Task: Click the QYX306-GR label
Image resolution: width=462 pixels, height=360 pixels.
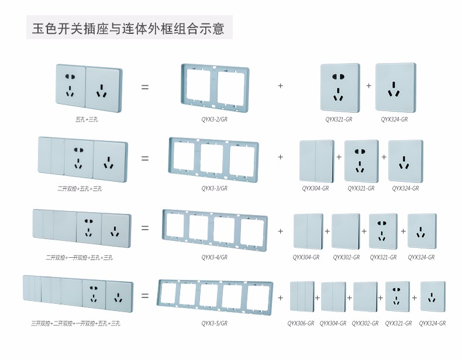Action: pyautogui.click(x=301, y=323)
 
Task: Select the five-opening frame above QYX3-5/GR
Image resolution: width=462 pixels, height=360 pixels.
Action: pyautogui.click(x=215, y=296)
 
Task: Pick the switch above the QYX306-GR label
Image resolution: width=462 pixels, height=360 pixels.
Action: pyautogui.click(x=302, y=296)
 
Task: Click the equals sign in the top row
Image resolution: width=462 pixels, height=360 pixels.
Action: pyautogui.click(x=144, y=88)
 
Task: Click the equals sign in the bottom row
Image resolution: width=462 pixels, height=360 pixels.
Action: pyautogui.click(x=144, y=296)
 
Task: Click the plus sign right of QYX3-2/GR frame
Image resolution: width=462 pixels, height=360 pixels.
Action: pyautogui.click(x=280, y=86)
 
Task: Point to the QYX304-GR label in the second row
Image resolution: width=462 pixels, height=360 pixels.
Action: pyautogui.click(x=315, y=188)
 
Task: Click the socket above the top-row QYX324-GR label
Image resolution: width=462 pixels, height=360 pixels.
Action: pyautogui.click(x=395, y=88)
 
